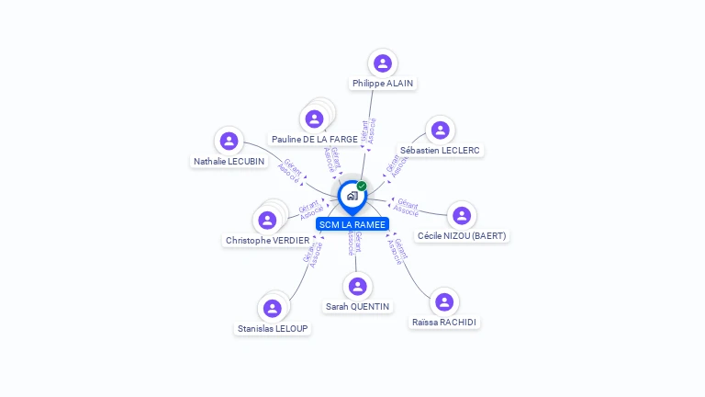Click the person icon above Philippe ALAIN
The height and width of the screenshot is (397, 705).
[383, 63]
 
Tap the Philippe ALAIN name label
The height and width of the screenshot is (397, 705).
[383, 84]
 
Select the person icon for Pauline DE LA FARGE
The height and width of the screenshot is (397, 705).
[314, 119]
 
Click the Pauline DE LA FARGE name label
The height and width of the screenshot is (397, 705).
[315, 140]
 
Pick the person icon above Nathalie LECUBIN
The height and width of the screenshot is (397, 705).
[229, 141]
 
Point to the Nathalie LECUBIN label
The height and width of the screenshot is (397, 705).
[229, 162]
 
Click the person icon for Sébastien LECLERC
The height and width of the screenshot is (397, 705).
[441, 130]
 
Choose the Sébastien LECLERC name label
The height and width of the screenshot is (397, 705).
[441, 150]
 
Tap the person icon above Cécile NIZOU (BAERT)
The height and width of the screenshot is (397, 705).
[462, 215]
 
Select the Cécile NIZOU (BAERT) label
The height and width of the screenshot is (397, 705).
[462, 236]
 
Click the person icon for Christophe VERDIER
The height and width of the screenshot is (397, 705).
[267, 220]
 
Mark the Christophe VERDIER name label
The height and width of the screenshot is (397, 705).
[267, 241]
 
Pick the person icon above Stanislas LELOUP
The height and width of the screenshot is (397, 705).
[272, 308]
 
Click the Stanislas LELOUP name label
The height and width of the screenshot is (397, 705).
[274, 328]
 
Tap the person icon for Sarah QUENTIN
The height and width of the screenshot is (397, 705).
[358, 286]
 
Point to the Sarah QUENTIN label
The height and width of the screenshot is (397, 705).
[358, 307]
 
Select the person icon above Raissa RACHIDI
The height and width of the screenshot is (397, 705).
[445, 301]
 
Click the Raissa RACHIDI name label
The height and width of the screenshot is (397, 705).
[445, 323]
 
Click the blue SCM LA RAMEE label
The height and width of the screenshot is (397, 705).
[352, 224]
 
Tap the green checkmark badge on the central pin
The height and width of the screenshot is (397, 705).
[362, 187]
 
